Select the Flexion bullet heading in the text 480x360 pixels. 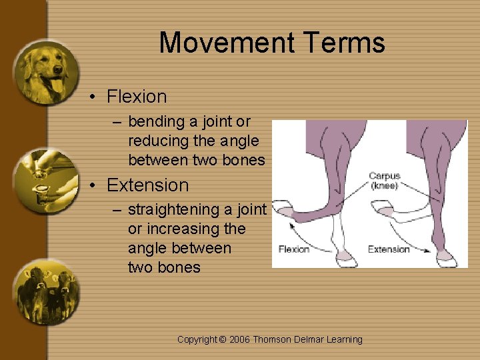point(137,97)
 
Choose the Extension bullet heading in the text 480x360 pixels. point(147,185)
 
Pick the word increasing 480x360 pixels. point(183,229)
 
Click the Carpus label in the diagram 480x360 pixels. point(385,176)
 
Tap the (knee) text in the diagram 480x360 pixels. point(385,186)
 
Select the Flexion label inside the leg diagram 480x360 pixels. point(294,249)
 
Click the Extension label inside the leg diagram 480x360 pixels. point(389,249)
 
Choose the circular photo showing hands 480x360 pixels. point(45,181)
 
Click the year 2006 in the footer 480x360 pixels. point(239,340)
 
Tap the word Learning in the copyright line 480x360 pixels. point(345,340)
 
